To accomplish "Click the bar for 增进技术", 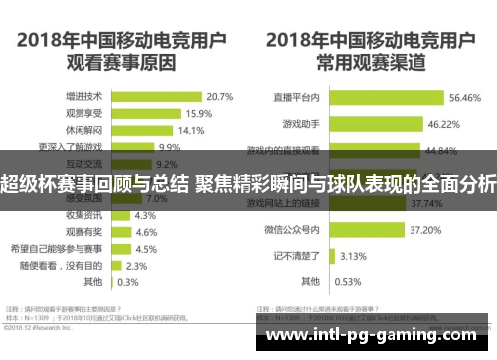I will (x=159, y=97).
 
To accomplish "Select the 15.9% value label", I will (x=197, y=114).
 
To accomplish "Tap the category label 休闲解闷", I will (x=84, y=131).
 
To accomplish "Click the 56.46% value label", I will (x=464, y=98).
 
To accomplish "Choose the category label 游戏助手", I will (x=300, y=125).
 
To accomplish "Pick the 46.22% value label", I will (x=442, y=125).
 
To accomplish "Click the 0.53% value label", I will (x=350, y=281).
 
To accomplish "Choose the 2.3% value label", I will (x=137, y=266).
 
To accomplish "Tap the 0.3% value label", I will (x=128, y=281).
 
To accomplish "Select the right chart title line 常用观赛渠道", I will (x=372, y=62).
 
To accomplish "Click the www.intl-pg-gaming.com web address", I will (x=372, y=336).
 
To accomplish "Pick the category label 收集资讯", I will (x=84, y=215).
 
